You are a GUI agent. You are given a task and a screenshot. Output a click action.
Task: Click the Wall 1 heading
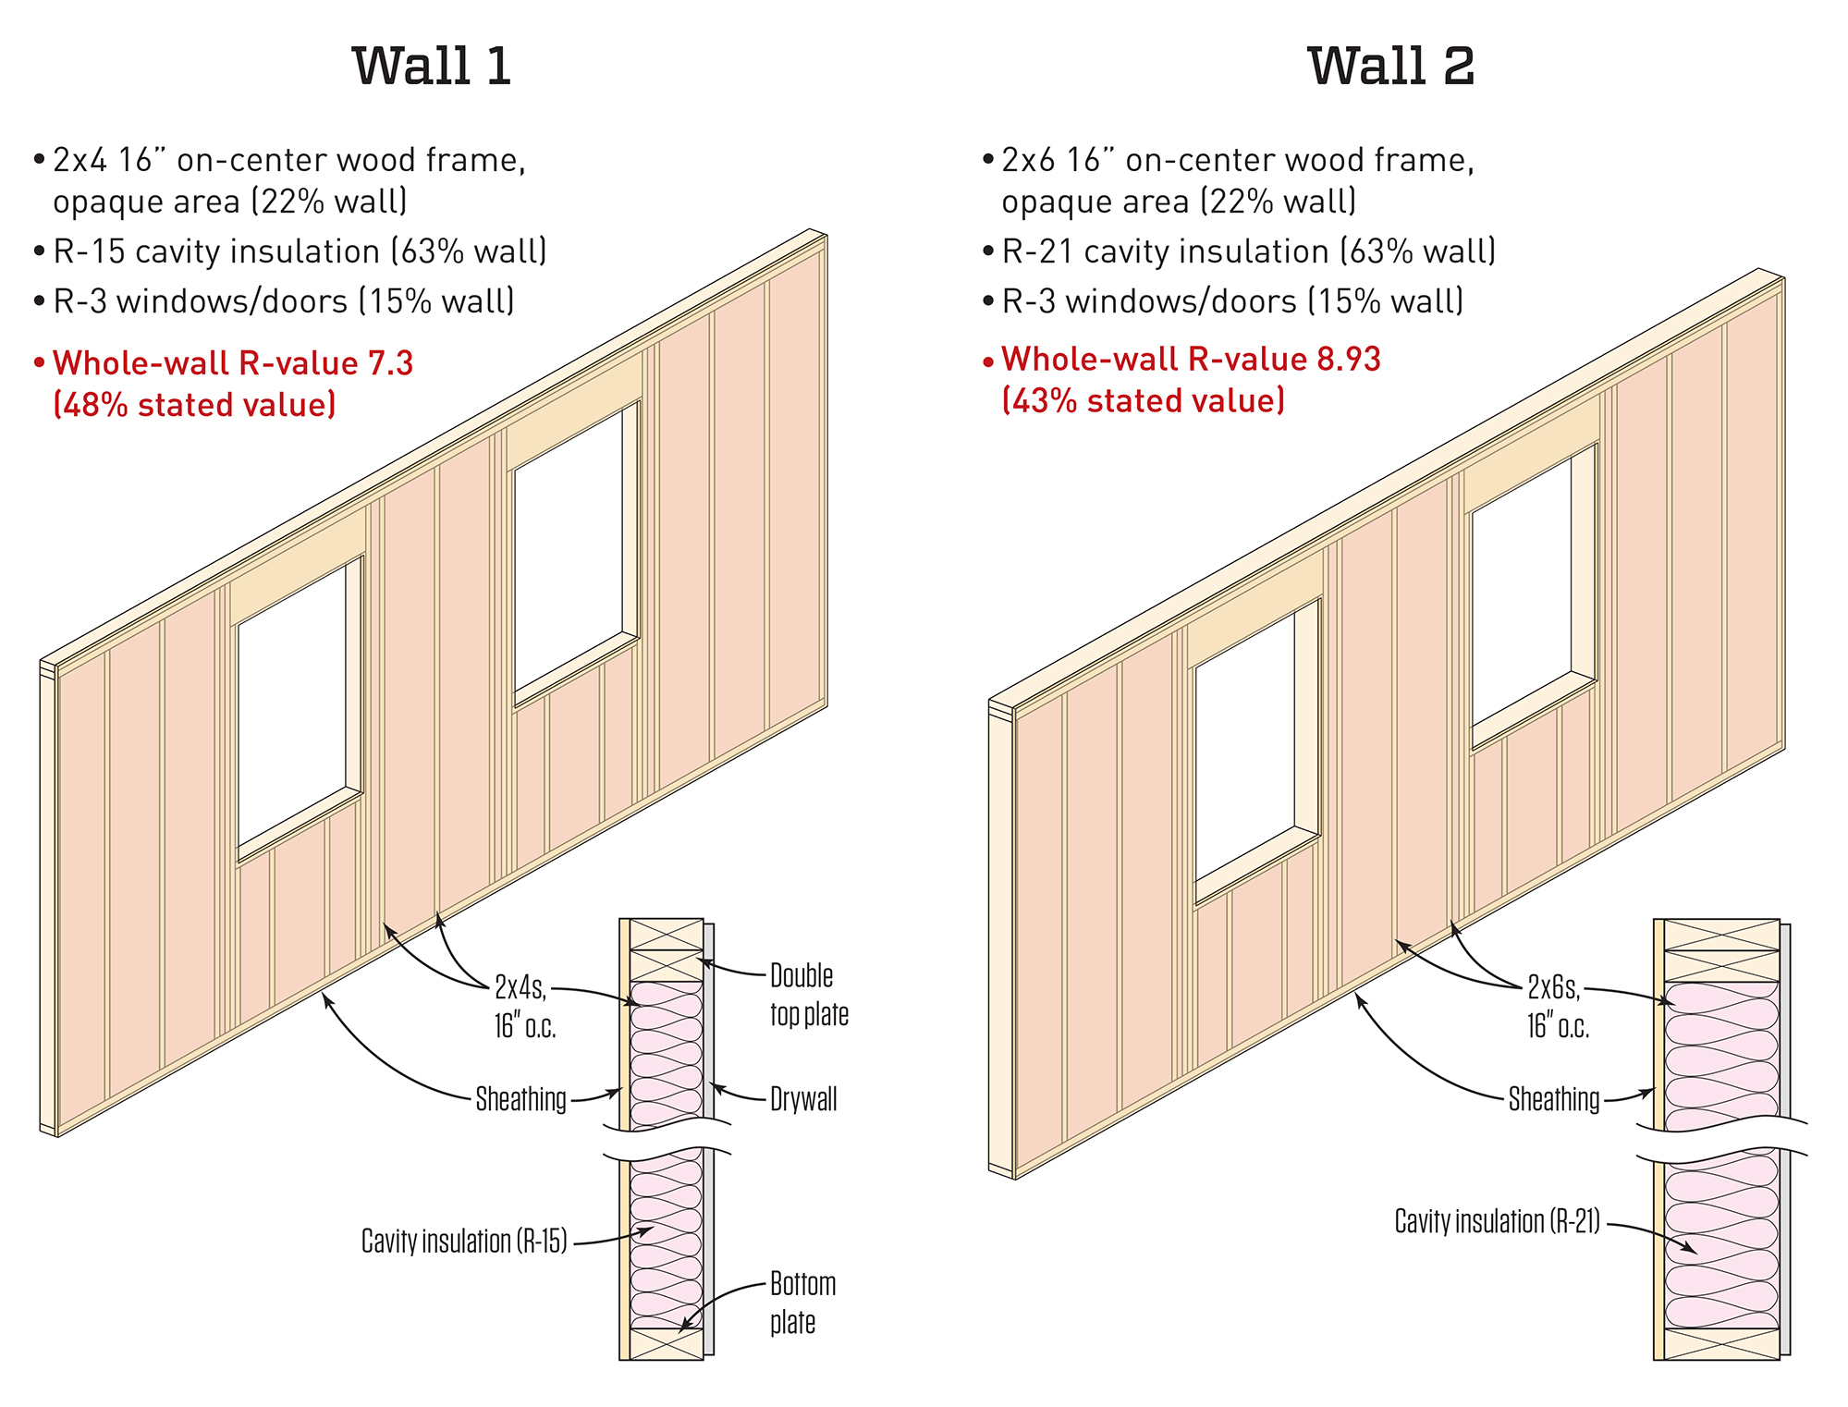(x=432, y=67)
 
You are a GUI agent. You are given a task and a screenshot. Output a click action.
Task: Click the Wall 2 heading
(x=1390, y=67)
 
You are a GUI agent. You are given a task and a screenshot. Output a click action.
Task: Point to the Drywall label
(x=803, y=1099)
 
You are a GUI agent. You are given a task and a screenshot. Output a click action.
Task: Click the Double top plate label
(x=808, y=995)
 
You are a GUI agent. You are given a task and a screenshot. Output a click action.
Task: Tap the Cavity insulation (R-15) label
(x=464, y=1242)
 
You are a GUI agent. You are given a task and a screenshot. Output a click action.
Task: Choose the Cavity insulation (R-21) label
(x=1497, y=1221)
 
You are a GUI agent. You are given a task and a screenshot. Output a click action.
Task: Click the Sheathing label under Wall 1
(x=520, y=1099)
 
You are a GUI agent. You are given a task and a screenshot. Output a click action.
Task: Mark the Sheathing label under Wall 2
(x=1553, y=1099)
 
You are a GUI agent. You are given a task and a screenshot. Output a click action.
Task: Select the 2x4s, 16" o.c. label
(x=523, y=1007)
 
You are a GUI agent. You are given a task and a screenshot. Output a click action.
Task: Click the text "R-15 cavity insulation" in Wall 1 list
(x=216, y=251)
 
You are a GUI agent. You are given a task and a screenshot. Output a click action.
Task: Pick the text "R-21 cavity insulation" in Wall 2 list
(x=1165, y=251)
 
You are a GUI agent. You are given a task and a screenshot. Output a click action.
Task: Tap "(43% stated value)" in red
(x=1143, y=401)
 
